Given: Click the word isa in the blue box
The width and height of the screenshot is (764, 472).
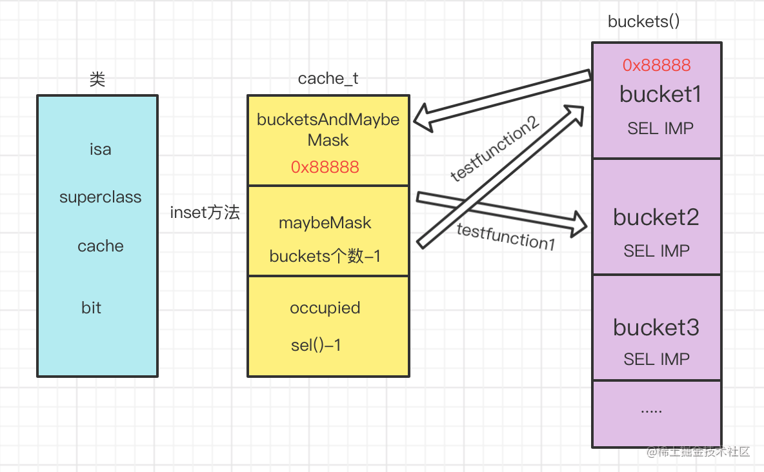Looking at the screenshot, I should point(100,150).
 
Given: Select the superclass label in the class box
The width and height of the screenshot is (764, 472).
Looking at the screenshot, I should point(100,197).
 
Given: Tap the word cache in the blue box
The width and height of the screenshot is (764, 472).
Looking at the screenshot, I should point(100,246).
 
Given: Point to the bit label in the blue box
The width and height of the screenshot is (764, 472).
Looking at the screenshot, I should point(91,308).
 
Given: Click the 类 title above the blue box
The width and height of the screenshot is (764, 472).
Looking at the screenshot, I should point(97,79).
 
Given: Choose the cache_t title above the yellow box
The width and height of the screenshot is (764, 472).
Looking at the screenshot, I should point(328,79).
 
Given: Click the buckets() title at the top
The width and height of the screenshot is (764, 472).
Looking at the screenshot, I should point(643,21).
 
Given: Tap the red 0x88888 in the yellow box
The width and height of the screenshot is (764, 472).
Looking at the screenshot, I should point(325,167).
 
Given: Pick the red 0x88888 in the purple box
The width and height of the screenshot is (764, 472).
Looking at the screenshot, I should point(656,64).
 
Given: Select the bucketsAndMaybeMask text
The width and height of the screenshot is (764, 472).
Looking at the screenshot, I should point(328,130).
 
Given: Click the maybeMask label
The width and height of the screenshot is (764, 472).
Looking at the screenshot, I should point(325,223).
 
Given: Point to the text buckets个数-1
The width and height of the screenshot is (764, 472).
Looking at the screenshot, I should point(325,256).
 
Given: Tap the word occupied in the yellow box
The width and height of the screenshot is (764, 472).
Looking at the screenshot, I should point(325,308).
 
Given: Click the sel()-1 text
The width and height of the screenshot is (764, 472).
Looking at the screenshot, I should point(316,345).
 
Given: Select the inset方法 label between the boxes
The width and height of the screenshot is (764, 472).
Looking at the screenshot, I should point(205,213).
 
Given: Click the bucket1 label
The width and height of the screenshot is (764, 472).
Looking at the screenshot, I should point(660,94).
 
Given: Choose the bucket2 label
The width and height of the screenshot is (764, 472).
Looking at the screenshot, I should point(656,217).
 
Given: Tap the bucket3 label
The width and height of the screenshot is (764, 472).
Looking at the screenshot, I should point(656,328).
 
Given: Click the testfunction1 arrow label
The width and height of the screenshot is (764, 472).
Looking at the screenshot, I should point(505,237).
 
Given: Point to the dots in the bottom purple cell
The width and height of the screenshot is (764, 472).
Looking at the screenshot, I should point(651,409).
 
